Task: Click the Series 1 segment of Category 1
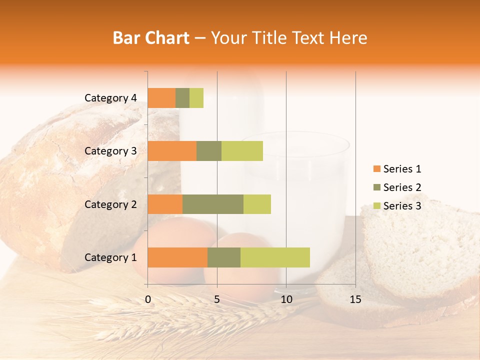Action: (177, 257)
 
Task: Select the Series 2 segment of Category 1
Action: (224, 257)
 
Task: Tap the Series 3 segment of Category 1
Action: (275, 257)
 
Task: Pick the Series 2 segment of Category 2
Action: (213, 204)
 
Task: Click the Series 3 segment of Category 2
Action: (257, 204)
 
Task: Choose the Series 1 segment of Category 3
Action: (172, 151)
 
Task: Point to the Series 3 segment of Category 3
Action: (242, 151)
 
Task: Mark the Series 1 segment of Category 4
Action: (161, 98)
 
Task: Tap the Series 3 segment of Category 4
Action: (196, 98)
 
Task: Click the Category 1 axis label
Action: (110, 257)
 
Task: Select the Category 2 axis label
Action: (110, 204)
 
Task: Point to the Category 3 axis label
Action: (110, 151)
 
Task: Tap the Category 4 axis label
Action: (110, 98)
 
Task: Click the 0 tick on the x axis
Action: (148, 299)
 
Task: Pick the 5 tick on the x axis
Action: (217, 299)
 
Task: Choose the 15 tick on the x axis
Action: (355, 299)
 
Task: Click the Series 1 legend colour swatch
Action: (376, 169)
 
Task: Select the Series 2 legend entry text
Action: (402, 187)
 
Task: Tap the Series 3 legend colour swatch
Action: (376, 206)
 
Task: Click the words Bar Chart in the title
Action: (151, 38)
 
